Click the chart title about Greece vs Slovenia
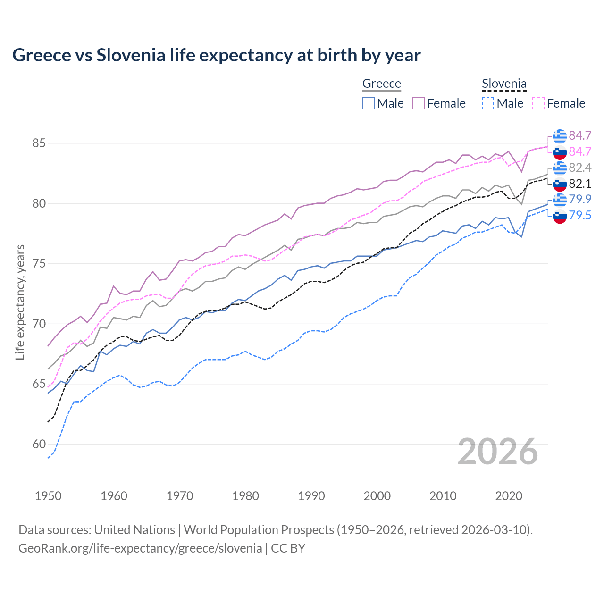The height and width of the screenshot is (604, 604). coord(216,55)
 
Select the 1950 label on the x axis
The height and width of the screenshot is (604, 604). coord(48,496)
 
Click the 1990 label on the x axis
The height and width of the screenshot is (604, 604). coord(311,496)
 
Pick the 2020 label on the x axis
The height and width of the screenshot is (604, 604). coord(509,496)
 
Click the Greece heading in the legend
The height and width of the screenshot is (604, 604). coord(381,84)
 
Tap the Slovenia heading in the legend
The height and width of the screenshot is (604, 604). coord(504,84)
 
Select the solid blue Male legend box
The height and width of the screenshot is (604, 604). coord(369,103)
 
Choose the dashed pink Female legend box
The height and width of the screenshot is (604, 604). coord(538,103)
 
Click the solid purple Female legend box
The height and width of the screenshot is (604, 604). coord(419,103)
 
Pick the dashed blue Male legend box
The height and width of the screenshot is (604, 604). coord(488,103)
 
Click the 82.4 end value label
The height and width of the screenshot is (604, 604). coord(580,168)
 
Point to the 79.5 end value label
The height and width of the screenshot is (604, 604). coord(580,215)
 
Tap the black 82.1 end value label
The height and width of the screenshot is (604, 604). coord(580,184)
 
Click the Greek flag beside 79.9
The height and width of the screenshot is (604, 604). coord(560,200)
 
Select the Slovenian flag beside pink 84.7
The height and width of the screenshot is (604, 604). coord(560,152)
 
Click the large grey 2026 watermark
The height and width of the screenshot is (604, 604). coord(498,452)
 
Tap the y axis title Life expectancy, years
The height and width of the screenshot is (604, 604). coord(20,302)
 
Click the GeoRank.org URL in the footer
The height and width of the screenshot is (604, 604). coord(140,548)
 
